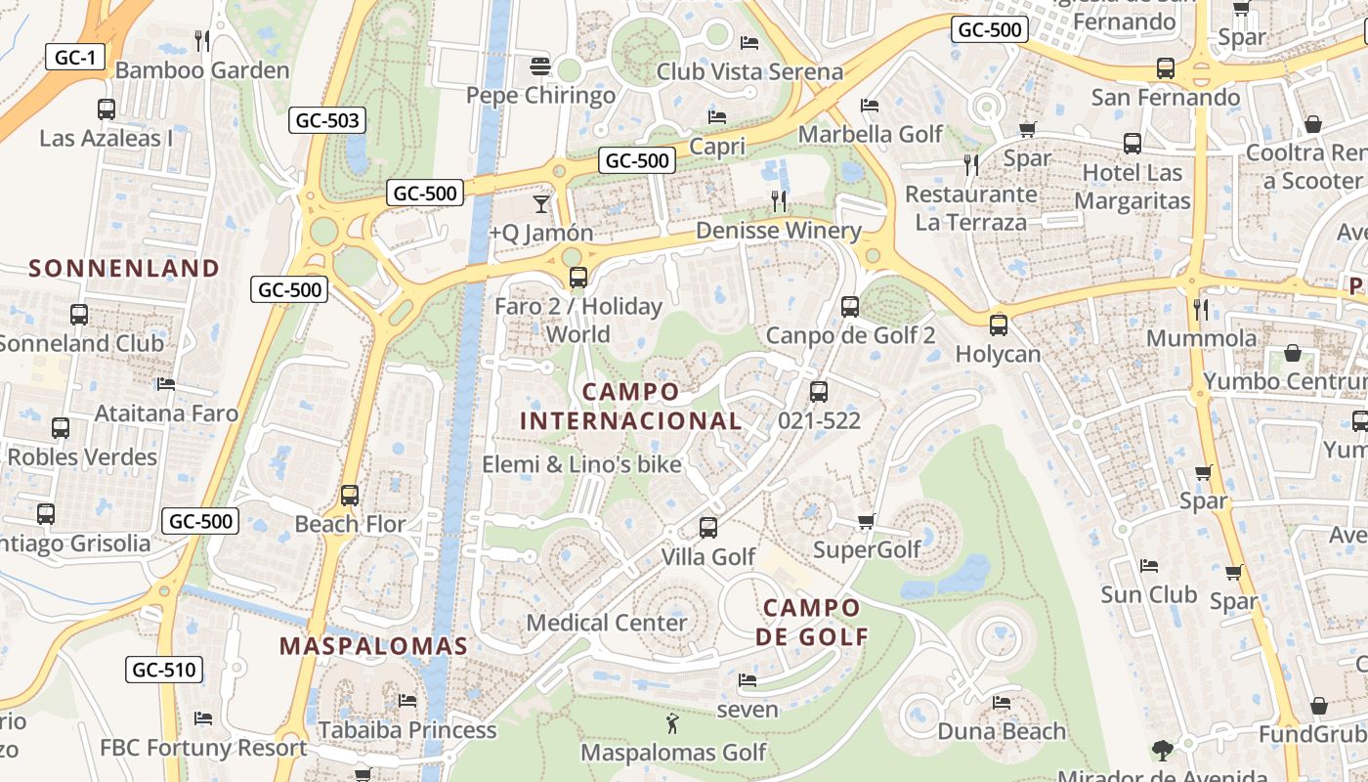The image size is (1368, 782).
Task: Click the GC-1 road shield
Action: pyautogui.click(x=75, y=57)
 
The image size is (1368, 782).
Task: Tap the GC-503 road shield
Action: pyautogui.click(x=327, y=121)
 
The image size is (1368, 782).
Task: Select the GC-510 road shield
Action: pyautogui.click(x=164, y=670)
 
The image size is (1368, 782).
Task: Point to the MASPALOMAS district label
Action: pyautogui.click(x=373, y=646)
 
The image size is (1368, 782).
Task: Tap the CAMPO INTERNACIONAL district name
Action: pyautogui.click(x=630, y=407)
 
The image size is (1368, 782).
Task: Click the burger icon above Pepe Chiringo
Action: pyautogui.click(x=540, y=66)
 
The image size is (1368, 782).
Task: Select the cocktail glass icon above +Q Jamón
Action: pyautogui.click(x=540, y=203)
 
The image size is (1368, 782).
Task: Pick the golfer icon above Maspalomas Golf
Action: pyautogui.click(x=672, y=724)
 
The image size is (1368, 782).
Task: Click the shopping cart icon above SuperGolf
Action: pyautogui.click(x=866, y=521)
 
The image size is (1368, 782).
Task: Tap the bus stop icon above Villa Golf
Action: pyautogui.click(x=708, y=528)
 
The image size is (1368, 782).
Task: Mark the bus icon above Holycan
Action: pyautogui.click(x=998, y=325)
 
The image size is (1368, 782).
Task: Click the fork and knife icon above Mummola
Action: pyautogui.click(x=1201, y=310)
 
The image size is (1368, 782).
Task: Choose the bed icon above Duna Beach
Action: pyautogui.click(x=1002, y=702)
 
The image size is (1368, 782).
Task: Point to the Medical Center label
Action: pyautogui.click(x=606, y=623)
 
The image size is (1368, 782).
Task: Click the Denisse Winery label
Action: pyautogui.click(x=778, y=231)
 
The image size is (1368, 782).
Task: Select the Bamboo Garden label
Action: pyautogui.click(x=202, y=70)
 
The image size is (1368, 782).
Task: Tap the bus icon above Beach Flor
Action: pyautogui.click(x=350, y=496)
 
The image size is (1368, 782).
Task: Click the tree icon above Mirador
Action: pyautogui.click(x=1162, y=751)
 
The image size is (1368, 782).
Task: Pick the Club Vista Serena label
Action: pyautogui.click(x=748, y=71)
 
